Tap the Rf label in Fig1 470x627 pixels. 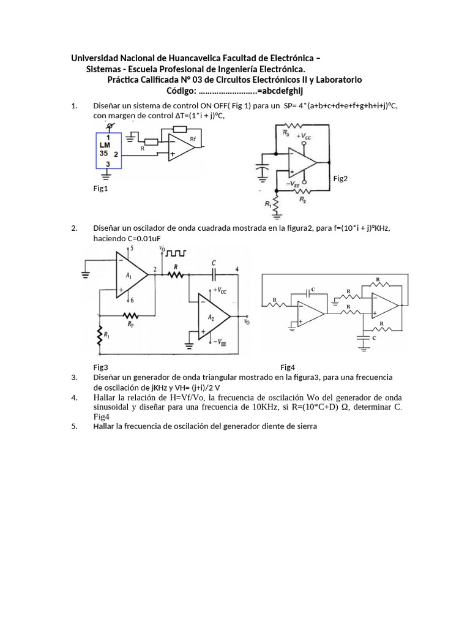[194, 140]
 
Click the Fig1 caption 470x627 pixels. [100, 189]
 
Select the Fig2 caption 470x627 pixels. [340, 178]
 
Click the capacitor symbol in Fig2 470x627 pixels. [264, 168]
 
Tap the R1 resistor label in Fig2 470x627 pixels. [267, 203]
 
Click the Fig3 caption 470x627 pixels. [100, 367]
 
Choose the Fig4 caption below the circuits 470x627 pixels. [288, 367]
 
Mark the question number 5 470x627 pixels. [74, 426]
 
